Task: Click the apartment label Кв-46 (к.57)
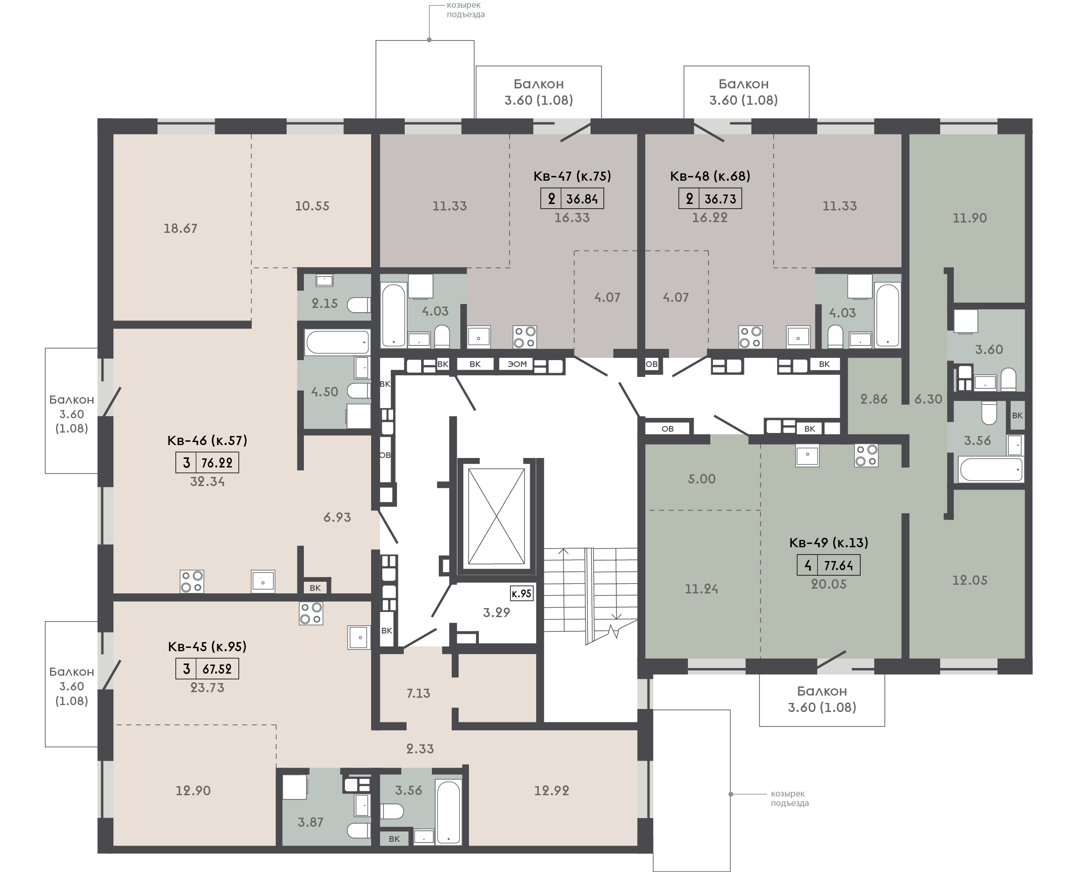click(x=207, y=440)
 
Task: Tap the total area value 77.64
click(x=838, y=566)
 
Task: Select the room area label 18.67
click(x=180, y=229)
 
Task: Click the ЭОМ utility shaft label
click(x=517, y=364)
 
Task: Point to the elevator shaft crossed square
click(x=496, y=516)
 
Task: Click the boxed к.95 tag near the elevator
click(x=521, y=593)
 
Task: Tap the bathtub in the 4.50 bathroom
click(x=337, y=342)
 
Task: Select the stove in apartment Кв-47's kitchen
click(x=525, y=337)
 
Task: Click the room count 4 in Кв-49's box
click(x=808, y=566)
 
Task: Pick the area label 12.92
click(x=551, y=790)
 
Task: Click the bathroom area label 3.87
click(x=310, y=822)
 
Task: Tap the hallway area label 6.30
click(x=928, y=399)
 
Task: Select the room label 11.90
click(x=969, y=218)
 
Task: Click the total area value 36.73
click(x=720, y=199)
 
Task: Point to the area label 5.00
click(x=701, y=479)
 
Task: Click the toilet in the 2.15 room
click(x=359, y=305)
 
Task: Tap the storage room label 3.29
click(x=496, y=613)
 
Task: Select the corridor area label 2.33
click(x=420, y=749)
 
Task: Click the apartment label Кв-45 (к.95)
click(x=207, y=646)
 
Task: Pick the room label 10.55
click(x=312, y=206)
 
